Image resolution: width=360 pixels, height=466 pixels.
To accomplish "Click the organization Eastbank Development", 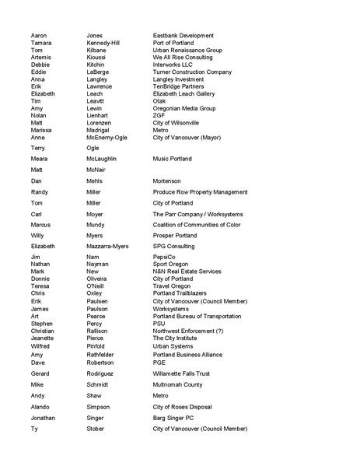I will tap(183, 36).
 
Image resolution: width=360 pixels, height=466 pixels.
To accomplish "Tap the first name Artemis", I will tap(42, 58).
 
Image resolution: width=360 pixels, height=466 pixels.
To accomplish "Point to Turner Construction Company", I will tap(192, 72).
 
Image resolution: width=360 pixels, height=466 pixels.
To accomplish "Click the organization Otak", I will tap(159, 100).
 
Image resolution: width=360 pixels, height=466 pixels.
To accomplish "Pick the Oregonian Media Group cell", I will tap(184, 108).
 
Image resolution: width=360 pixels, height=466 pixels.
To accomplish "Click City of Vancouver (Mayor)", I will tap(187, 137).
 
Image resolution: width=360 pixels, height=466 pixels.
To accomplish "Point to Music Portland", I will tap(172, 159).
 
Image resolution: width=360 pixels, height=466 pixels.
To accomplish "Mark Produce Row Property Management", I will tap(200, 191).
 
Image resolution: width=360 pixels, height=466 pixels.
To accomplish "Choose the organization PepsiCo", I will tap(166, 257).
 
